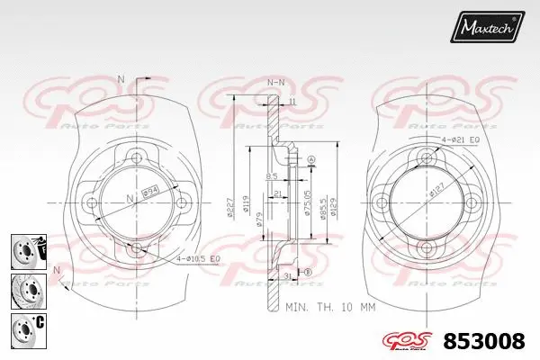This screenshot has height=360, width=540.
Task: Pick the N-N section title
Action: [275, 83]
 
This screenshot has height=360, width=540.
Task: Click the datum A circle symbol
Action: [311, 160]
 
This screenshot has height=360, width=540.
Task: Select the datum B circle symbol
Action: [307, 272]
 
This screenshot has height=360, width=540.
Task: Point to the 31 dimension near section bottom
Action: [285, 274]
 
